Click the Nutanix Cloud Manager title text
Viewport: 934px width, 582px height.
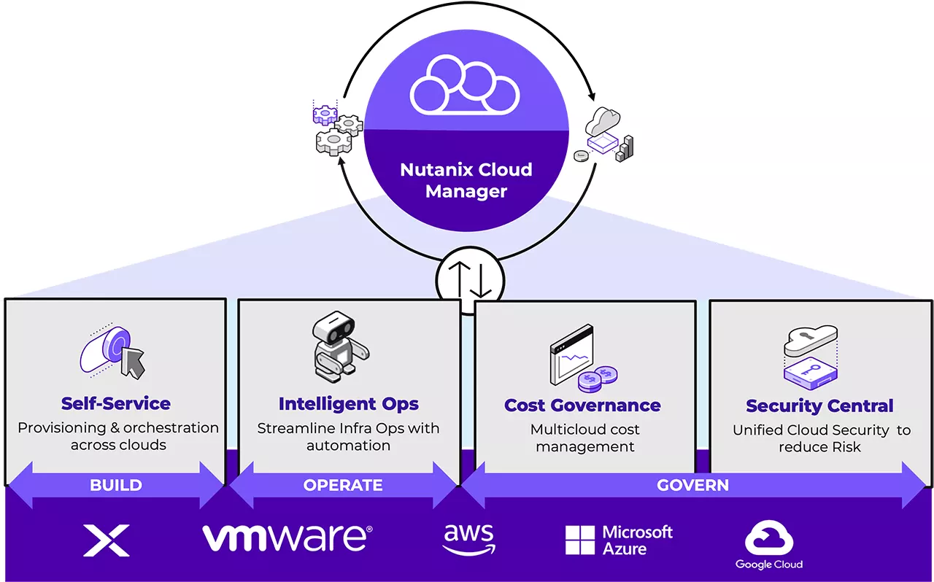click(x=466, y=180)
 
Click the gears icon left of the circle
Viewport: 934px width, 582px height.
click(x=337, y=130)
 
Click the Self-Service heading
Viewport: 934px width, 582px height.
click(x=116, y=403)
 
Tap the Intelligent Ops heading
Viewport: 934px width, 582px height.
click(x=349, y=403)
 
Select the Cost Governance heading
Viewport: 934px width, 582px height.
click(x=582, y=405)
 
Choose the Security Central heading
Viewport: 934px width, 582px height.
click(x=819, y=406)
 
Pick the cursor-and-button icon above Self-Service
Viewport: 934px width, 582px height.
click(x=113, y=352)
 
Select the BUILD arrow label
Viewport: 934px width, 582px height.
click(x=115, y=485)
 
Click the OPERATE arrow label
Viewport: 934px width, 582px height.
click(x=343, y=485)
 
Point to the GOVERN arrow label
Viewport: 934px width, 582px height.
click(x=692, y=485)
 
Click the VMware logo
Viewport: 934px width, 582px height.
click(x=287, y=538)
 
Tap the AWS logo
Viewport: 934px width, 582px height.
click(x=468, y=540)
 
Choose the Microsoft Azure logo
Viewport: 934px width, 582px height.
click(x=619, y=540)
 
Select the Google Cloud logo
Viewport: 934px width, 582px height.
click(x=769, y=546)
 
